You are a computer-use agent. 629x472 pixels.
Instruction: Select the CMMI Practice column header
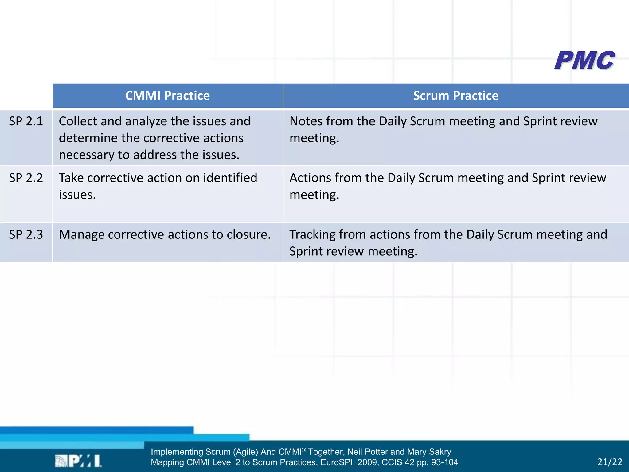(x=167, y=96)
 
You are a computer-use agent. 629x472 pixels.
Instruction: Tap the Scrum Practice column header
(x=455, y=96)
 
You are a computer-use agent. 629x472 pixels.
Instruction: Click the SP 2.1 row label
(x=26, y=121)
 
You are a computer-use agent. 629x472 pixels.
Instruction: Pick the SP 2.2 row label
(x=26, y=178)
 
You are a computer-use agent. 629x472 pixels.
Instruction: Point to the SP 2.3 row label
(x=26, y=234)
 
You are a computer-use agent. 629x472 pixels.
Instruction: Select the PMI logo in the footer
(x=79, y=461)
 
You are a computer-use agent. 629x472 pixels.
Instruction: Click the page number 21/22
(x=609, y=462)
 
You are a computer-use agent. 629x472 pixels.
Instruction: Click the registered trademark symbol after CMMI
(x=304, y=450)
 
